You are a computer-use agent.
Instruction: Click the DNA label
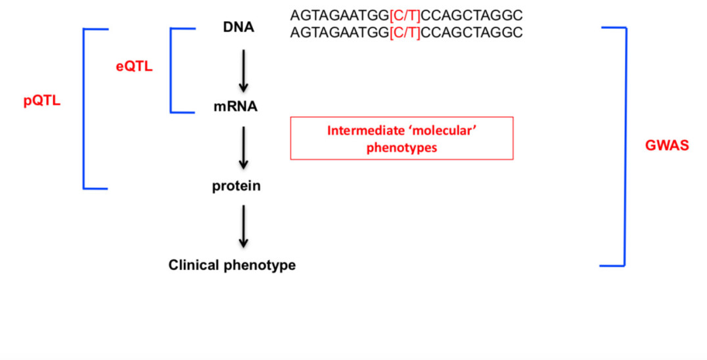[x=238, y=28]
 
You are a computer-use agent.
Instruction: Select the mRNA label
[x=235, y=106]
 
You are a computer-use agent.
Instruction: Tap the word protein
[x=236, y=186]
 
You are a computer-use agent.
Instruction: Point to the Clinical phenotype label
[x=232, y=265]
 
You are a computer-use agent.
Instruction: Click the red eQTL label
[x=134, y=66]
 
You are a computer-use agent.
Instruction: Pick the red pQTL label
[x=42, y=102]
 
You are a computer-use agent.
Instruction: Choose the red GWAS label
[x=667, y=146]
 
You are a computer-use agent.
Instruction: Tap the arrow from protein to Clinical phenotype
[x=243, y=226]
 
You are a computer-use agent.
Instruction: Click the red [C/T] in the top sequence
[x=405, y=15]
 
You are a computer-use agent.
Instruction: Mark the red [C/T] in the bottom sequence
[x=405, y=32]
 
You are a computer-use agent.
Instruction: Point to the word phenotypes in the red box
[x=401, y=148]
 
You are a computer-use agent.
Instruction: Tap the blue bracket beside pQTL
[x=83, y=108]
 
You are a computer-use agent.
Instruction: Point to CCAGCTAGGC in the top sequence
[x=472, y=15]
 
